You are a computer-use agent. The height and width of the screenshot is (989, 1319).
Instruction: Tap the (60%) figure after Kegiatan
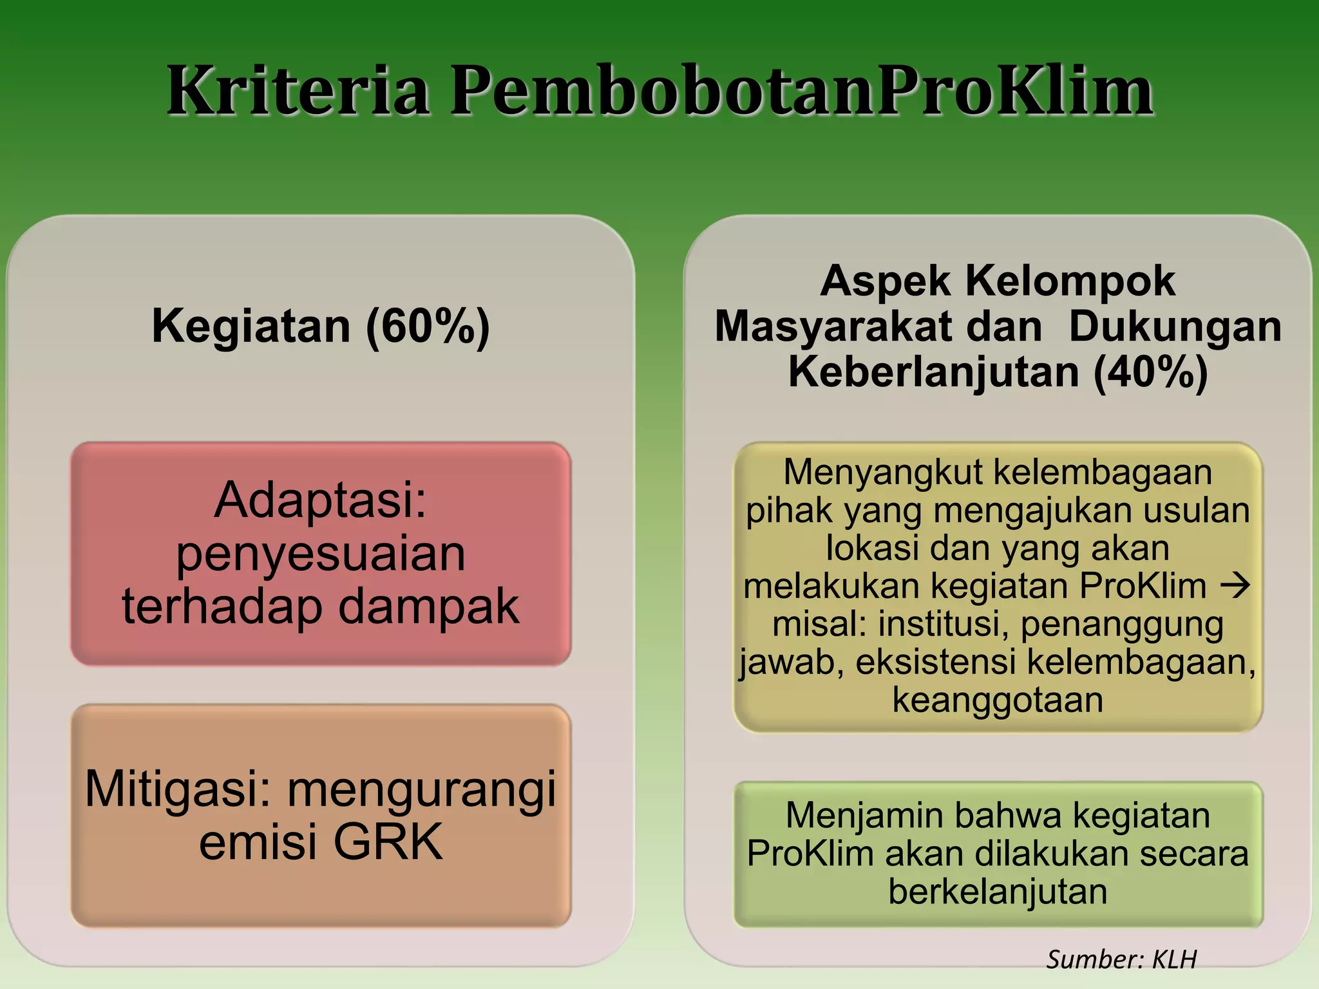pyautogui.click(x=428, y=326)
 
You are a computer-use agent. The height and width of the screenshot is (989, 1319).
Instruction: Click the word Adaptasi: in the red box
pyautogui.click(x=321, y=500)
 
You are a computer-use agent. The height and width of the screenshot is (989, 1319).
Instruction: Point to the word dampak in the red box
pyautogui.click(x=428, y=607)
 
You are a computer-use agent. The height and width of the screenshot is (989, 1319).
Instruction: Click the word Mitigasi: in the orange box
pyautogui.click(x=178, y=789)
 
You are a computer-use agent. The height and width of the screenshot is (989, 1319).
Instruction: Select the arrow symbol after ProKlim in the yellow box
pyautogui.click(x=1235, y=586)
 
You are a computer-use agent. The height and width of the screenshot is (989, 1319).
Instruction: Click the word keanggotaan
pyautogui.click(x=998, y=700)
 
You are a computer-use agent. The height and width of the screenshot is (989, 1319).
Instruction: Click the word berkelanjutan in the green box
pyautogui.click(x=998, y=892)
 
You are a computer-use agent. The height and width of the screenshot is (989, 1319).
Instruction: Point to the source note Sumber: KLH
pyautogui.click(x=1121, y=959)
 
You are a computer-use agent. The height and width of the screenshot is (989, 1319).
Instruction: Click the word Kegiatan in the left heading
pyautogui.click(x=251, y=326)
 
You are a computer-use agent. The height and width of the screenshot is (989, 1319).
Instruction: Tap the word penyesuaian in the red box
pyautogui.click(x=321, y=554)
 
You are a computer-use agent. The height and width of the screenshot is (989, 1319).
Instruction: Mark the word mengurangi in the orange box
pyautogui.click(x=421, y=789)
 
